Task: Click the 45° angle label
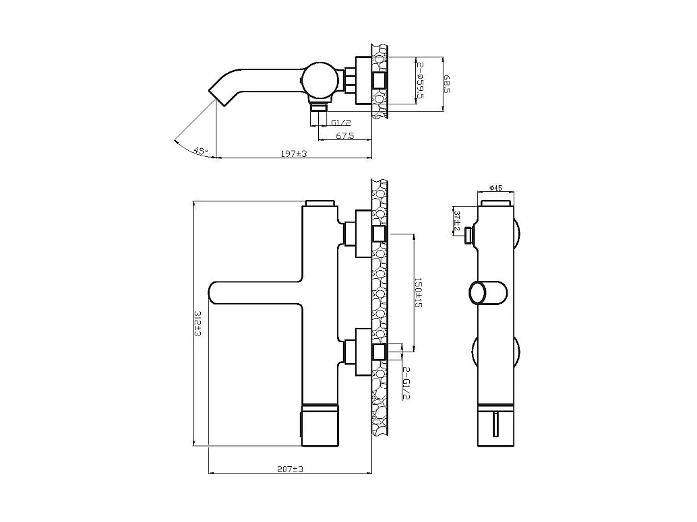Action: point(200,150)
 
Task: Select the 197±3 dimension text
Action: point(294,154)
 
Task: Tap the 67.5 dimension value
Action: point(344,135)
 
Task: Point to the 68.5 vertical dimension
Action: point(446,84)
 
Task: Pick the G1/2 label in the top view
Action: point(341,123)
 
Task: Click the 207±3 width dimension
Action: point(291,469)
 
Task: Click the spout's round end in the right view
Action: point(478,294)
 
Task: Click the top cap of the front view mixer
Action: point(320,203)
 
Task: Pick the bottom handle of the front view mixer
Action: point(320,426)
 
